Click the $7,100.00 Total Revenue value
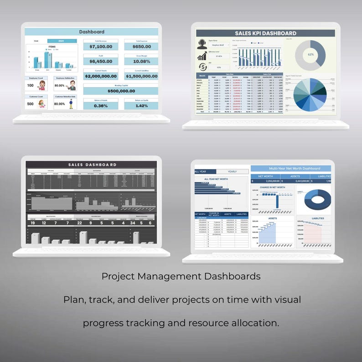click(100, 47)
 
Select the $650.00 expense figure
click(141, 47)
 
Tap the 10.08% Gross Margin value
click(141, 61)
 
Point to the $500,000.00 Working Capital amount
click(121, 91)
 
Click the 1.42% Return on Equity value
click(141, 106)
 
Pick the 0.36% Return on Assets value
click(100, 106)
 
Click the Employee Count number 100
click(31, 85)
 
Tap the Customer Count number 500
click(31, 103)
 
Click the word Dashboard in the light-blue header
click(92, 32)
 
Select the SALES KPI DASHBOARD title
click(266, 33)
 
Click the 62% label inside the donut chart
click(310, 54)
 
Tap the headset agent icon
click(202, 44)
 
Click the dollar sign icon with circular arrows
click(202, 67)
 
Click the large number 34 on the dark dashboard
click(132, 223)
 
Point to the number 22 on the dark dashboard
click(79, 223)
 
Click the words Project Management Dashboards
click(181, 276)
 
